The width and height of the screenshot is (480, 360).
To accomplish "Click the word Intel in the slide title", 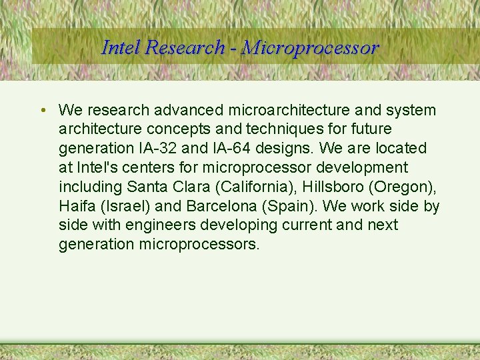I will [x=121, y=48].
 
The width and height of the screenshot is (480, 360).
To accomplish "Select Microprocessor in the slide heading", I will [x=311, y=48].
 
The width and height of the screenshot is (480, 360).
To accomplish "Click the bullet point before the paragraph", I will [x=42, y=110].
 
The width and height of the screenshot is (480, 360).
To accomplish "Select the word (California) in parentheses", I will [x=256, y=187].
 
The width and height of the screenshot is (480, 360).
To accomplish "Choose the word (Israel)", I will [x=128, y=206].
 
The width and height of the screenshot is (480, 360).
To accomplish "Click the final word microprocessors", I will [x=199, y=245].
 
